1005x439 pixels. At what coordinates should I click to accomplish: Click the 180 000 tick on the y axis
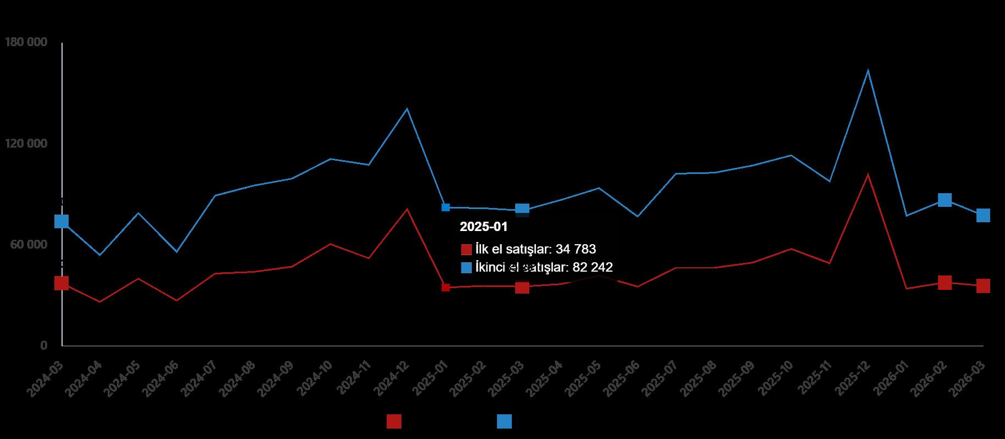(x=25, y=42)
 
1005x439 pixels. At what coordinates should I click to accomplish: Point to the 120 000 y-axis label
(x=25, y=144)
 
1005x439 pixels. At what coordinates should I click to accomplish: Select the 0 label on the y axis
(x=43, y=346)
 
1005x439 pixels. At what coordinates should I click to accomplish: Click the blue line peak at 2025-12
(x=868, y=70)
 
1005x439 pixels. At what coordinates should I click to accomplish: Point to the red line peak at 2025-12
(x=868, y=175)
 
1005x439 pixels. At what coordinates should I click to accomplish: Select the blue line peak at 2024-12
(x=407, y=109)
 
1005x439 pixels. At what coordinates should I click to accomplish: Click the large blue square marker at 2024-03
(x=62, y=221)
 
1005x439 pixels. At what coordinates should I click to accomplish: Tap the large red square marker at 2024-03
(x=62, y=283)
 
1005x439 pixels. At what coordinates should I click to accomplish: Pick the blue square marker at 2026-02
(x=945, y=200)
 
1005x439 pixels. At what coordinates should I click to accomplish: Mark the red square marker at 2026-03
(x=983, y=286)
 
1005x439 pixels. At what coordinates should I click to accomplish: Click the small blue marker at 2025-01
(x=445, y=207)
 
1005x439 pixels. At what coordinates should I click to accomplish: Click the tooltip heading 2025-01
(x=483, y=227)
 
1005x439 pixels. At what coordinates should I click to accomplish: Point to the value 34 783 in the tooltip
(x=576, y=249)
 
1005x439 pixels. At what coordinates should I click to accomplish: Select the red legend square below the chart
(x=394, y=421)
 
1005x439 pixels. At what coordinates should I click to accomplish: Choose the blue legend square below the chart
(x=504, y=421)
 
